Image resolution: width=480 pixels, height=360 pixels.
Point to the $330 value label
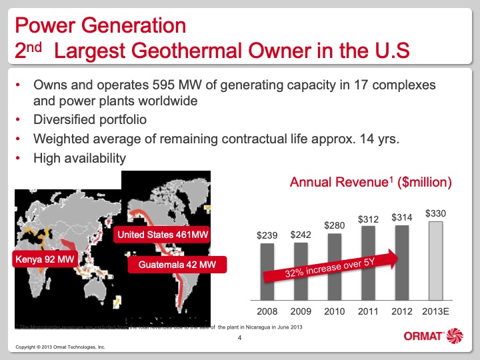(435, 214)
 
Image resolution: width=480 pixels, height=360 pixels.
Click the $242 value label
(301, 235)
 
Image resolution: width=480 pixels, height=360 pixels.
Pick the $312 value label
(369, 219)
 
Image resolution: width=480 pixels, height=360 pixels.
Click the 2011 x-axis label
(369, 312)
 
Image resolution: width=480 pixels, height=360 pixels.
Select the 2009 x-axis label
(301, 312)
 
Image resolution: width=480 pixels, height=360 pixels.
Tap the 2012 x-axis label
(402, 312)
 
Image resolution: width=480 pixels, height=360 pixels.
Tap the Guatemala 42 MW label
(177, 265)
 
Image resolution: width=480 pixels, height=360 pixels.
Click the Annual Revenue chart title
(371, 181)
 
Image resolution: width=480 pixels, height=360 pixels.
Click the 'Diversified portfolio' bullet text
(89, 120)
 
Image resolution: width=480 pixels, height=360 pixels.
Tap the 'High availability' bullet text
(79, 158)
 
